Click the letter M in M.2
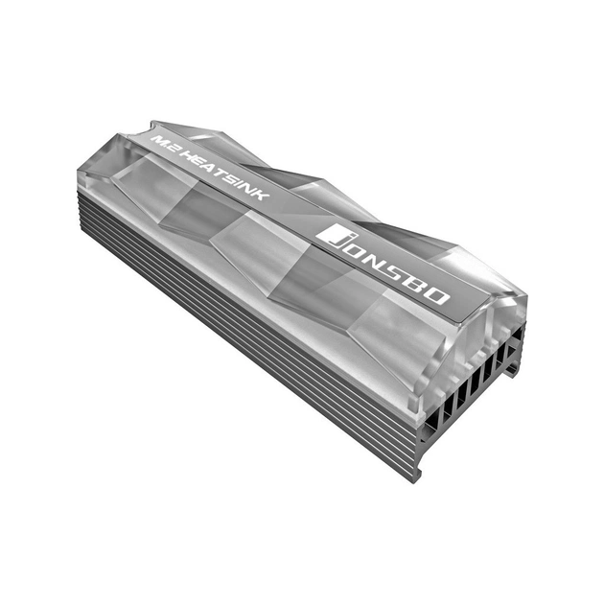tap(158, 138)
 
